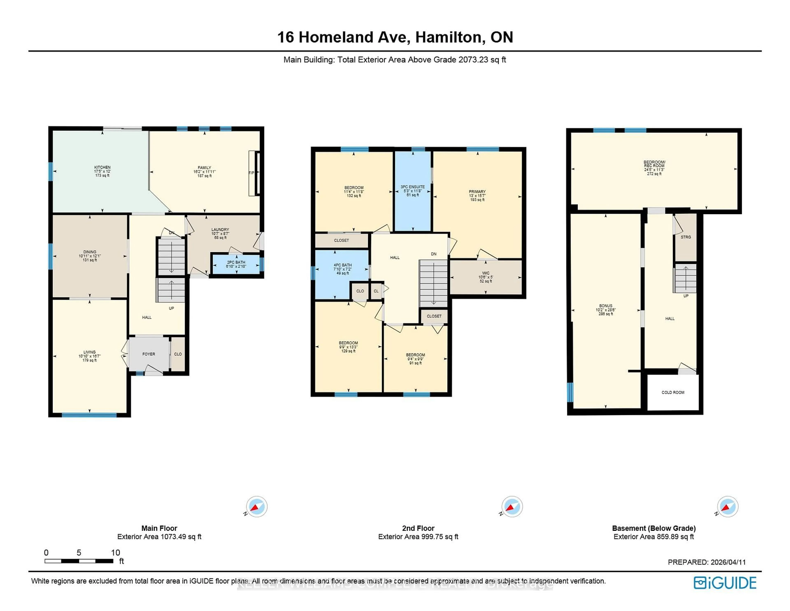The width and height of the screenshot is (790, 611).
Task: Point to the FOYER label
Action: click(149, 354)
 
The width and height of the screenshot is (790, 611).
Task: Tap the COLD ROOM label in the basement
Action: click(673, 392)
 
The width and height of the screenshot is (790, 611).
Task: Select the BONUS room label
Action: click(605, 306)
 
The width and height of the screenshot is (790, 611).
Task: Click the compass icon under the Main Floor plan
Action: click(257, 506)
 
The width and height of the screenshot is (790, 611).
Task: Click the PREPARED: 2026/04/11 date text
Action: click(706, 562)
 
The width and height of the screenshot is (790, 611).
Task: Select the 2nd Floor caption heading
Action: click(418, 528)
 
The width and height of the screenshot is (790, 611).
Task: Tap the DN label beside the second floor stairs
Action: click(434, 254)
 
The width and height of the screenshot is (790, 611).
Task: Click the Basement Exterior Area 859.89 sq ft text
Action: click(654, 537)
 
